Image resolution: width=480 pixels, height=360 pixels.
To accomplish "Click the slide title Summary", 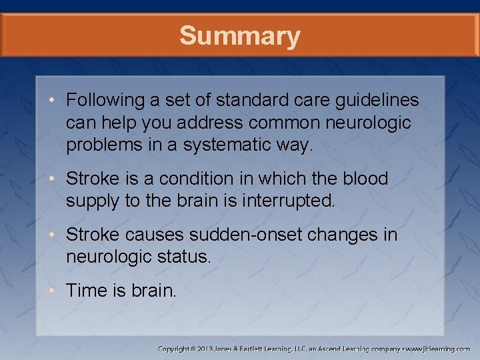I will [x=239, y=36].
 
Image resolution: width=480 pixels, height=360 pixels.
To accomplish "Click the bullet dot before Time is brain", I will [x=56, y=291].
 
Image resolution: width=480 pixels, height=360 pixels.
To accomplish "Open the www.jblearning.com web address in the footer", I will [x=437, y=349].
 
